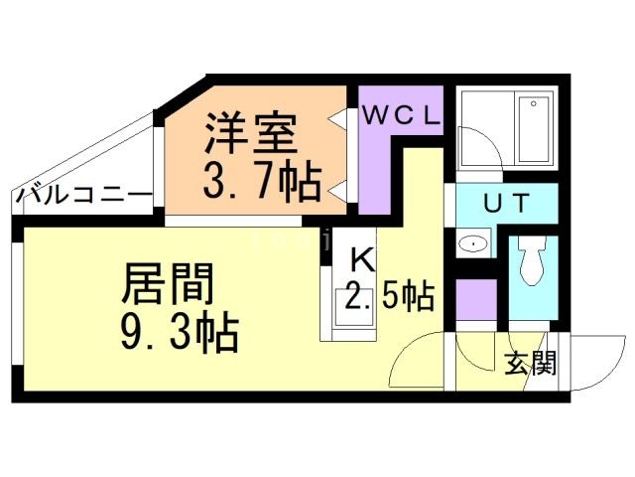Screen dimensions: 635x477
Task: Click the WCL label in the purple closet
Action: pos(401,115)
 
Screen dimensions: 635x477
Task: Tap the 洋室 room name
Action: pos(251,133)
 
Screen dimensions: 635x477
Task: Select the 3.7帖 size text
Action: pos(262,181)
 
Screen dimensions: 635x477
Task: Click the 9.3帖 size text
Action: pos(180,331)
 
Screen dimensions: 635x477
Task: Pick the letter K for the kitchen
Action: pos(362,258)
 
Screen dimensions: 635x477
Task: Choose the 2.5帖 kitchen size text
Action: pos(390,296)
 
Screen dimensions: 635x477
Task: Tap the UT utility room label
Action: pos(507,203)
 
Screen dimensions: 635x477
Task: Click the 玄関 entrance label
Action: pos(530,363)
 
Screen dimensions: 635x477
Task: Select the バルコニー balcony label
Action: pos(83,196)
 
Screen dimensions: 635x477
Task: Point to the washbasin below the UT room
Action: pos(473,243)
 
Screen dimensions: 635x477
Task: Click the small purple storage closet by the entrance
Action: pos(476,299)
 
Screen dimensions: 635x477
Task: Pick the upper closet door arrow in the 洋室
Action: pos(337,118)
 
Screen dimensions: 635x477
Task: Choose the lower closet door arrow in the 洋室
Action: pos(337,190)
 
